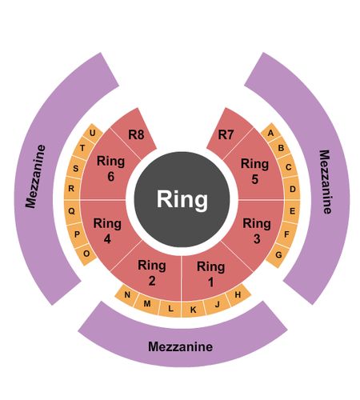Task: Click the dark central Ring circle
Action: click(182, 199)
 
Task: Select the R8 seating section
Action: click(134, 134)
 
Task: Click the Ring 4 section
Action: click(106, 230)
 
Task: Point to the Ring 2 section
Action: click(152, 274)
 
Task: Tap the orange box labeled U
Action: click(93, 133)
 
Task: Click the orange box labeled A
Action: click(270, 133)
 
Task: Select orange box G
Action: click(278, 255)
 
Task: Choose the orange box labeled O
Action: click(86, 254)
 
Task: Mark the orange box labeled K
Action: click(193, 310)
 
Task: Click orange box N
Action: click(127, 294)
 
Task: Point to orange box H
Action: click(238, 294)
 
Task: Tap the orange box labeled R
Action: click(71, 189)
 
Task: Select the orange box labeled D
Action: click(292, 189)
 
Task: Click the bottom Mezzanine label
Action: click(181, 346)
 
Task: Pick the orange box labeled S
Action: click(76, 168)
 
